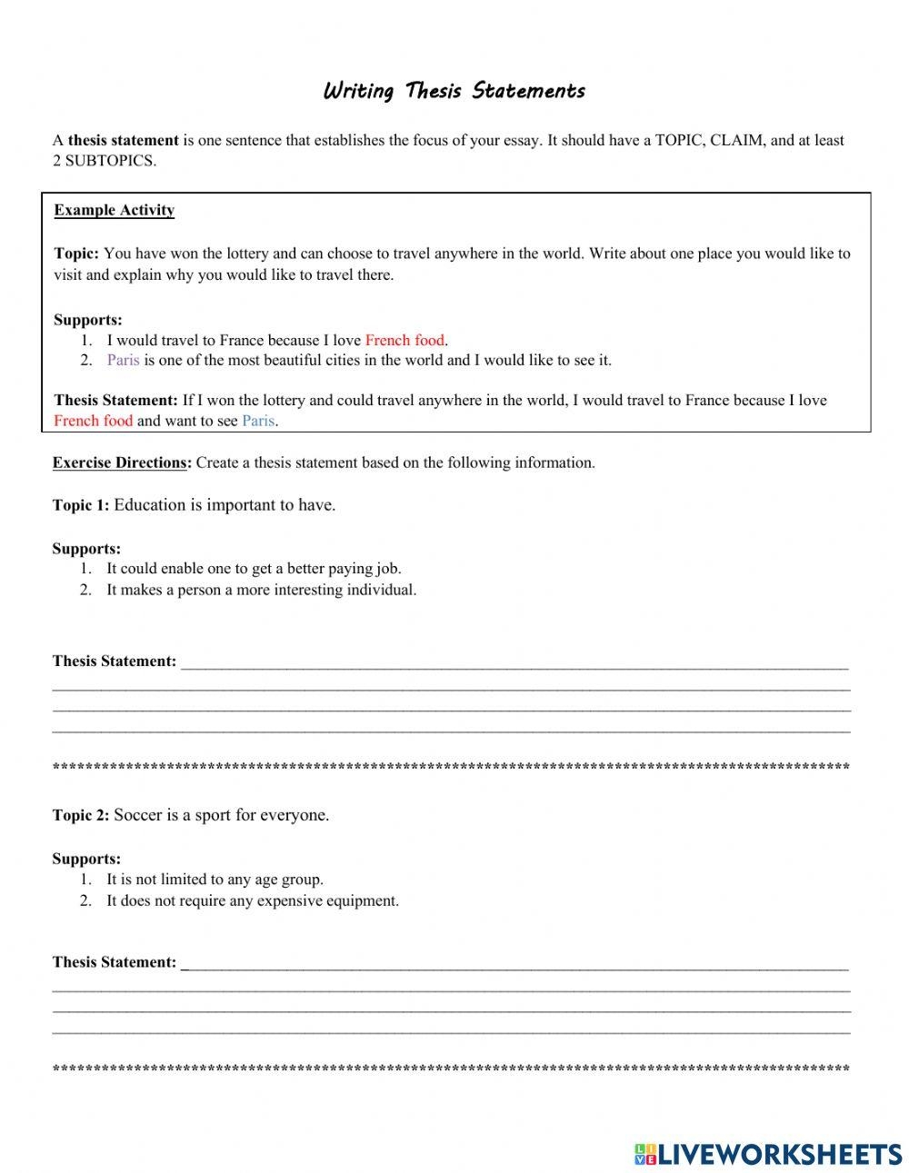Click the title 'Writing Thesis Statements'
(454, 91)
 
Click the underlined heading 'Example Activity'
(114, 211)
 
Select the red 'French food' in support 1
(405, 341)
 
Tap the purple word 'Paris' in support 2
(123, 361)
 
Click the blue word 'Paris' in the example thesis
(258, 421)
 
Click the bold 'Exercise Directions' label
(120, 462)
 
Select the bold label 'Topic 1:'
(81, 505)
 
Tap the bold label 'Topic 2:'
(81, 815)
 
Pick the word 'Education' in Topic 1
(150, 505)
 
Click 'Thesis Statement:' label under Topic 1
(114, 661)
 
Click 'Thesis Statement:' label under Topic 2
(114, 962)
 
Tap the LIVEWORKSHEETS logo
(767, 1154)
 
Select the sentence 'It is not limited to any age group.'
(215, 880)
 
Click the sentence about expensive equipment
(253, 901)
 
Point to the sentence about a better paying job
(254, 569)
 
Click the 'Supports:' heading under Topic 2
(86, 859)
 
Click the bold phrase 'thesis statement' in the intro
(123, 141)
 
